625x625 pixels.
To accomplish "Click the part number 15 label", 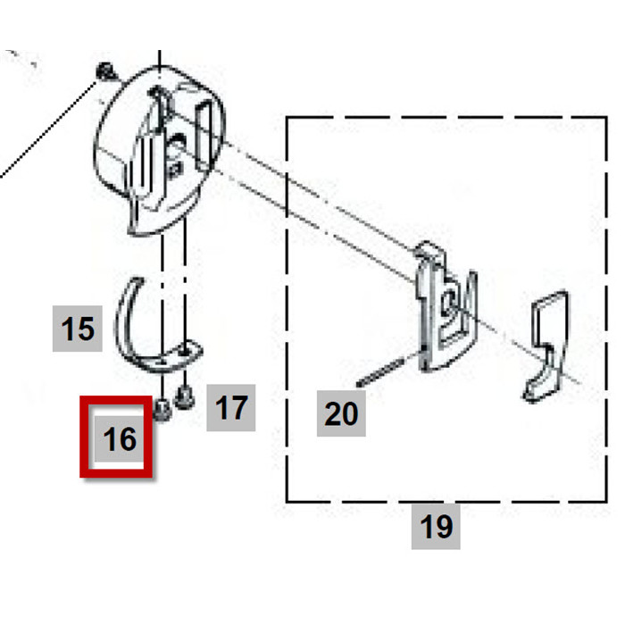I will pyautogui.click(x=79, y=329).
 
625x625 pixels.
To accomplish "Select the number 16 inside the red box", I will pyautogui.click(x=120, y=438).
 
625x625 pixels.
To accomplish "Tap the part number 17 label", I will pyautogui.click(x=231, y=408).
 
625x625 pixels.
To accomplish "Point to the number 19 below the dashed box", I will pyautogui.click(x=436, y=527).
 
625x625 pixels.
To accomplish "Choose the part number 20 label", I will pyautogui.click(x=340, y=412).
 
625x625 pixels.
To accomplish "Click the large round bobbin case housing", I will pyautogui.click(x=161, y=147).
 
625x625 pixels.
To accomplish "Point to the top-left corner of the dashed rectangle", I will pyautogui.click(x=287, y=116).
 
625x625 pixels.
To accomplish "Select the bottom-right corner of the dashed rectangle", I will pyautogui.click(x=596, y=502).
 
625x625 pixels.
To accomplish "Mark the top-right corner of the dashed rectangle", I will pyautogui.click(x=596, y=116).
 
